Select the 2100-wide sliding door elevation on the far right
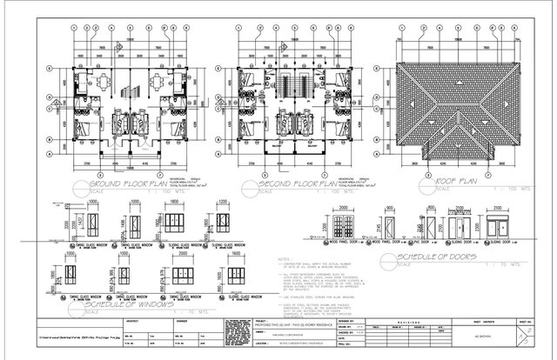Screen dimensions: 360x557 [503, 229]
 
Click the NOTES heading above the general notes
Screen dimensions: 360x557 [284, 259]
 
